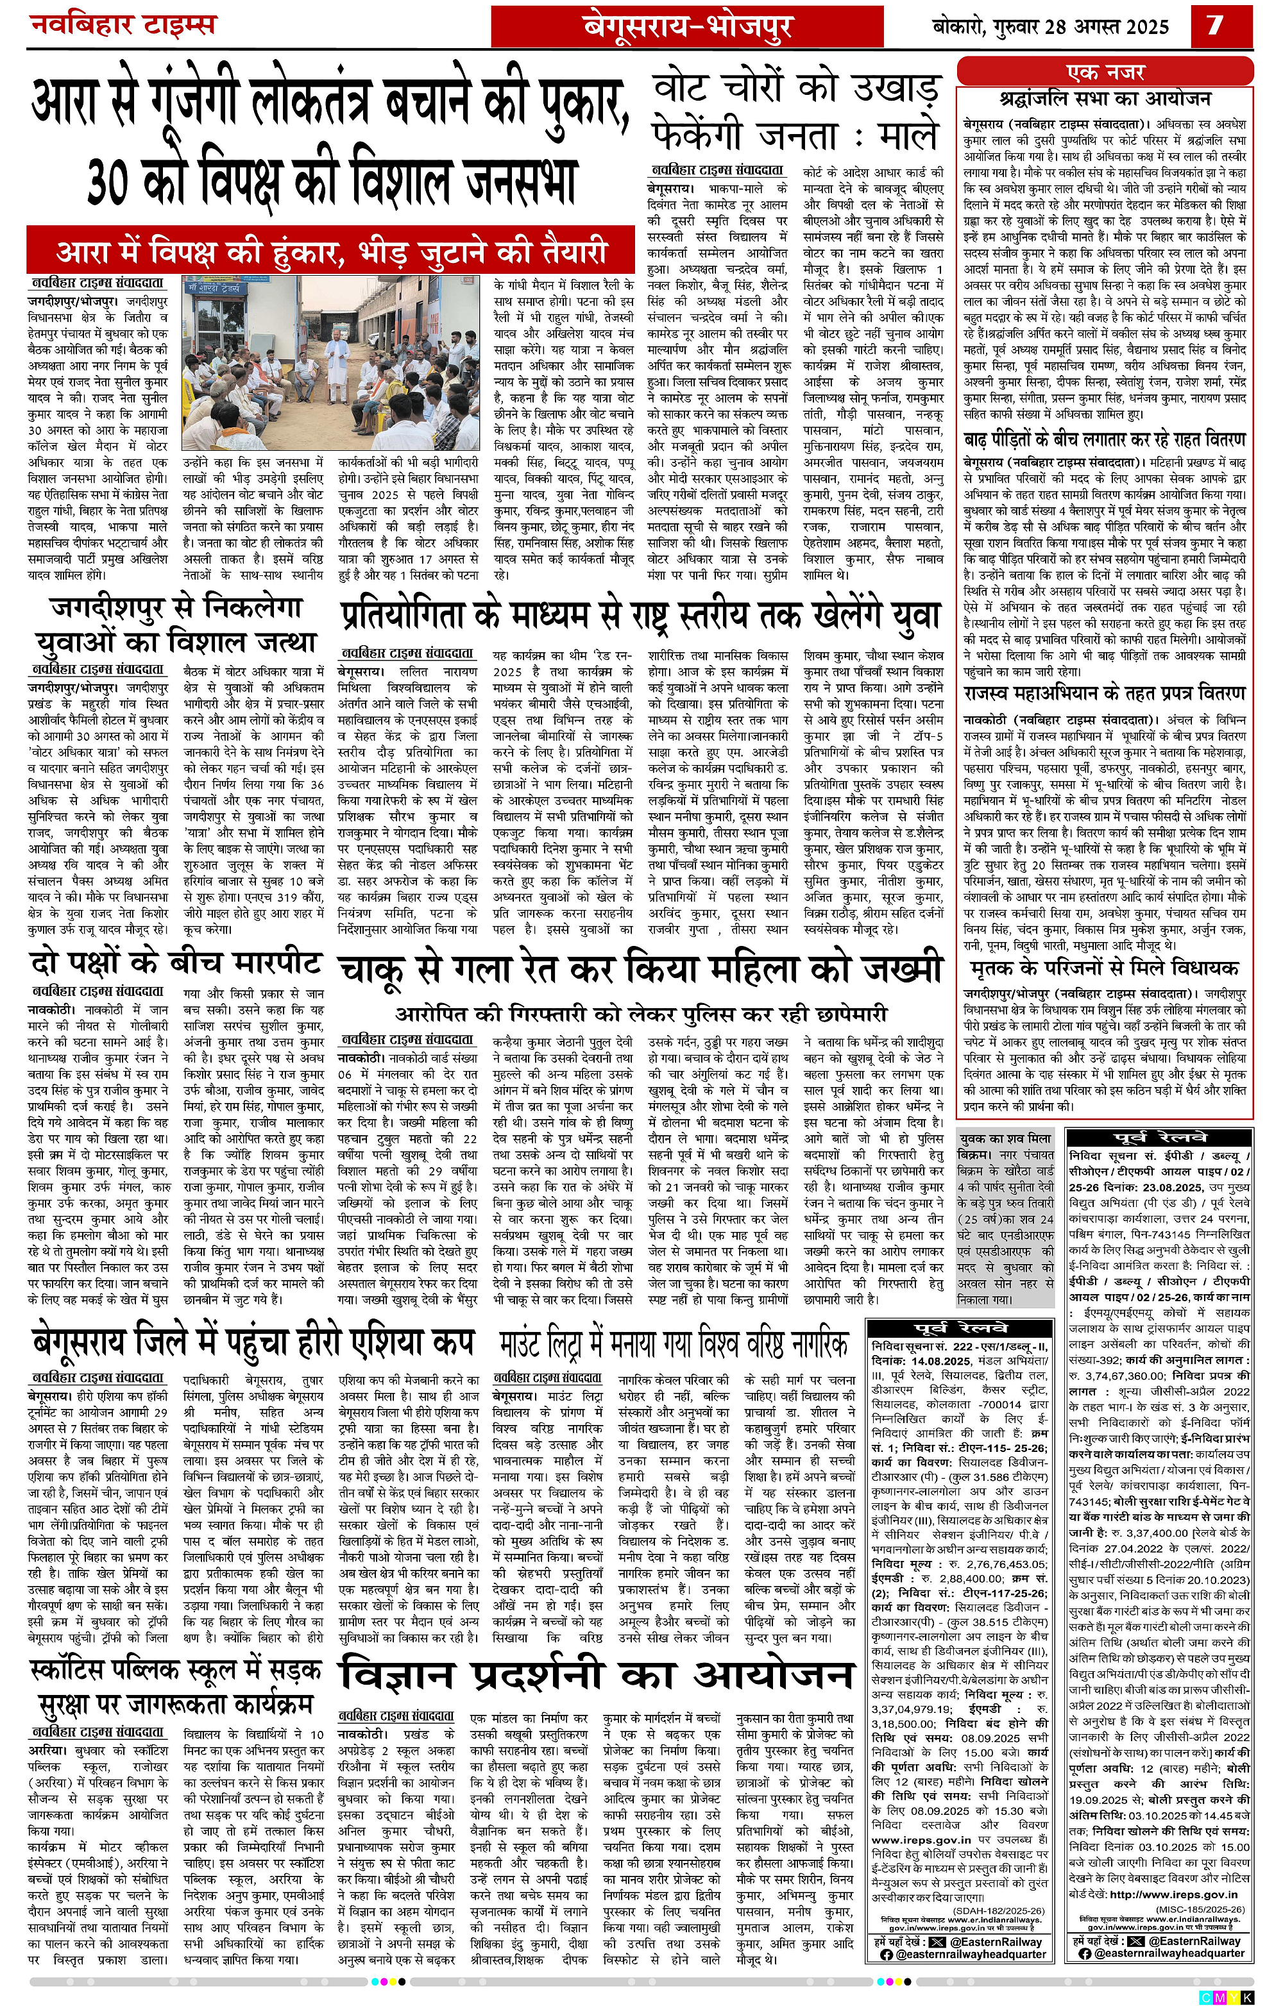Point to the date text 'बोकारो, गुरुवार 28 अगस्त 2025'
(1052, 28)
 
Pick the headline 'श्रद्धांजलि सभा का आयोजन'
(1105, 98)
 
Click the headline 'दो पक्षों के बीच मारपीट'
(175, 964)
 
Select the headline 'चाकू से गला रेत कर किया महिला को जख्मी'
(640, 970)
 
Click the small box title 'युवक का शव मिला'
(1005, 1138)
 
